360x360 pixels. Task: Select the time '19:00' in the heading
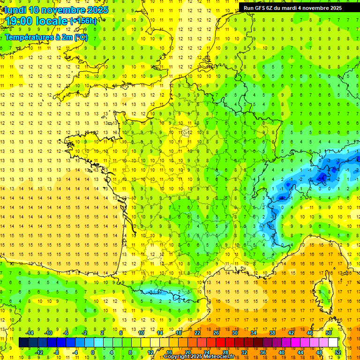20,21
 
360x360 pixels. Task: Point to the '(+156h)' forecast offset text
83,21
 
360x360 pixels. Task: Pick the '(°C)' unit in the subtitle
80,37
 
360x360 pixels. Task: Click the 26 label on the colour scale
216,333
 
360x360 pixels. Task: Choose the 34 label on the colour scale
254,333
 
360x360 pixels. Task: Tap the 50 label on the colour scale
329,333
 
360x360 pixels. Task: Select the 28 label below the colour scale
225,352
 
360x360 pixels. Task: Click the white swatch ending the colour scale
333,342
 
